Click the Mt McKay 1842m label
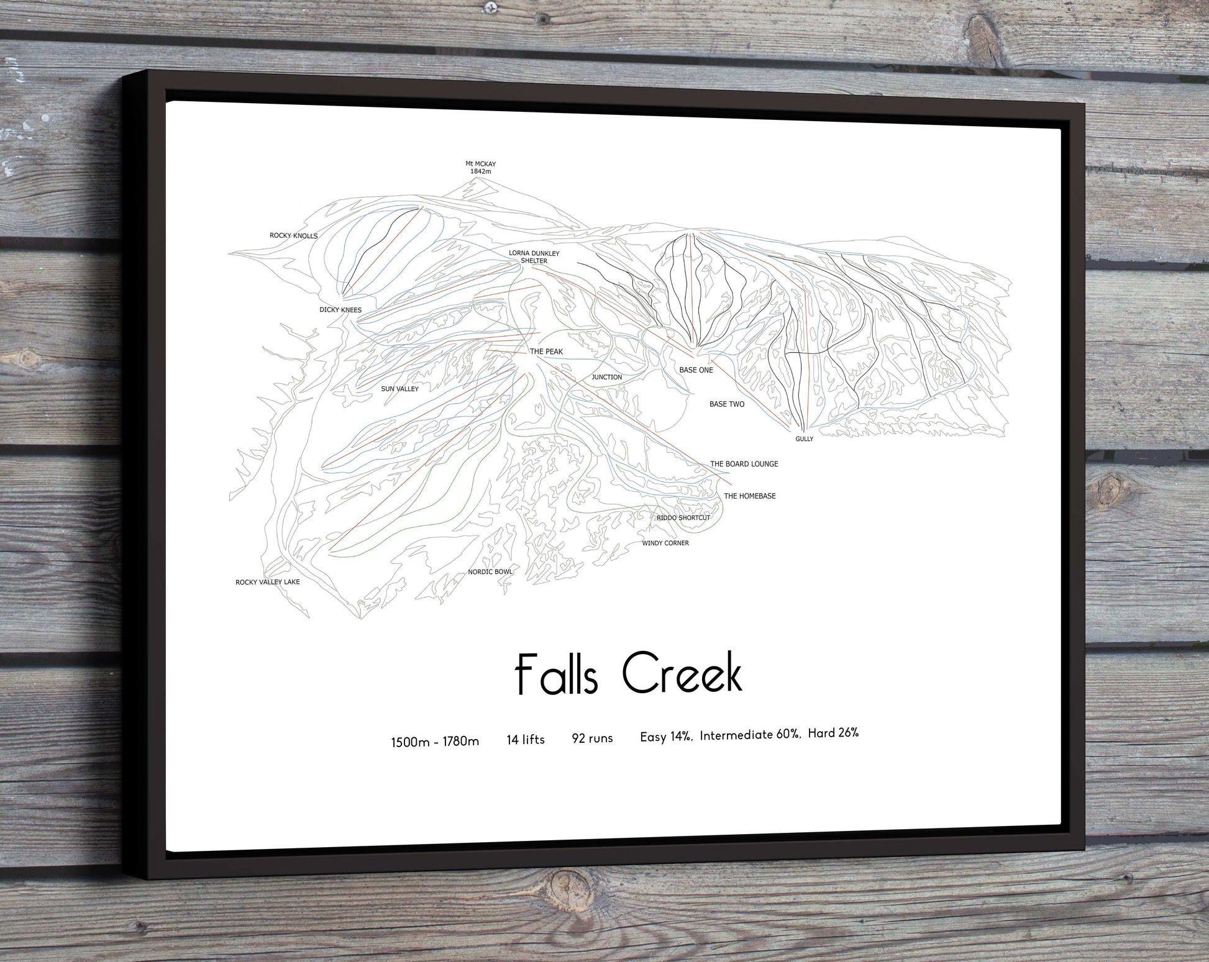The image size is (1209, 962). tap(480, 167)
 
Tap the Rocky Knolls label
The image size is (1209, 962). tap(293, 236)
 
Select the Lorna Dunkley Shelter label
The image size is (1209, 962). tap(534, 257)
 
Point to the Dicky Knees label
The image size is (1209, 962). tap(340, 310)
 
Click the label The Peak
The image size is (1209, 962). tap(546, 352)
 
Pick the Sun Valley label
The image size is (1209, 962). tap(399, 389)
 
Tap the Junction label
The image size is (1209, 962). tap(606, 377)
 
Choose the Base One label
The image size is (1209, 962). tap(696, 370)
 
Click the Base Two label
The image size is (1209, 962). tap(726, 404)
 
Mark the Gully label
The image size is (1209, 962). tap(804, 439)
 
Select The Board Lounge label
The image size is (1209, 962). tap(744, 464)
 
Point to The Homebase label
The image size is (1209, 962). tap(749, 496)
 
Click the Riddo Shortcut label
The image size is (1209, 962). tap(683, 518)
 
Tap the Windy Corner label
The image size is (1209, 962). tap(665, 543)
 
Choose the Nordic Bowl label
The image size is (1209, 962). tap(490, 572)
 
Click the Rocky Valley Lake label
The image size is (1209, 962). tap(267, 582)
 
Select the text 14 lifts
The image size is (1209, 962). tap(526, 740)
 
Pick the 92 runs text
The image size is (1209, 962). tap(592, 738)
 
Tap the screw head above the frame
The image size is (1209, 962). tap(491, 7)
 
